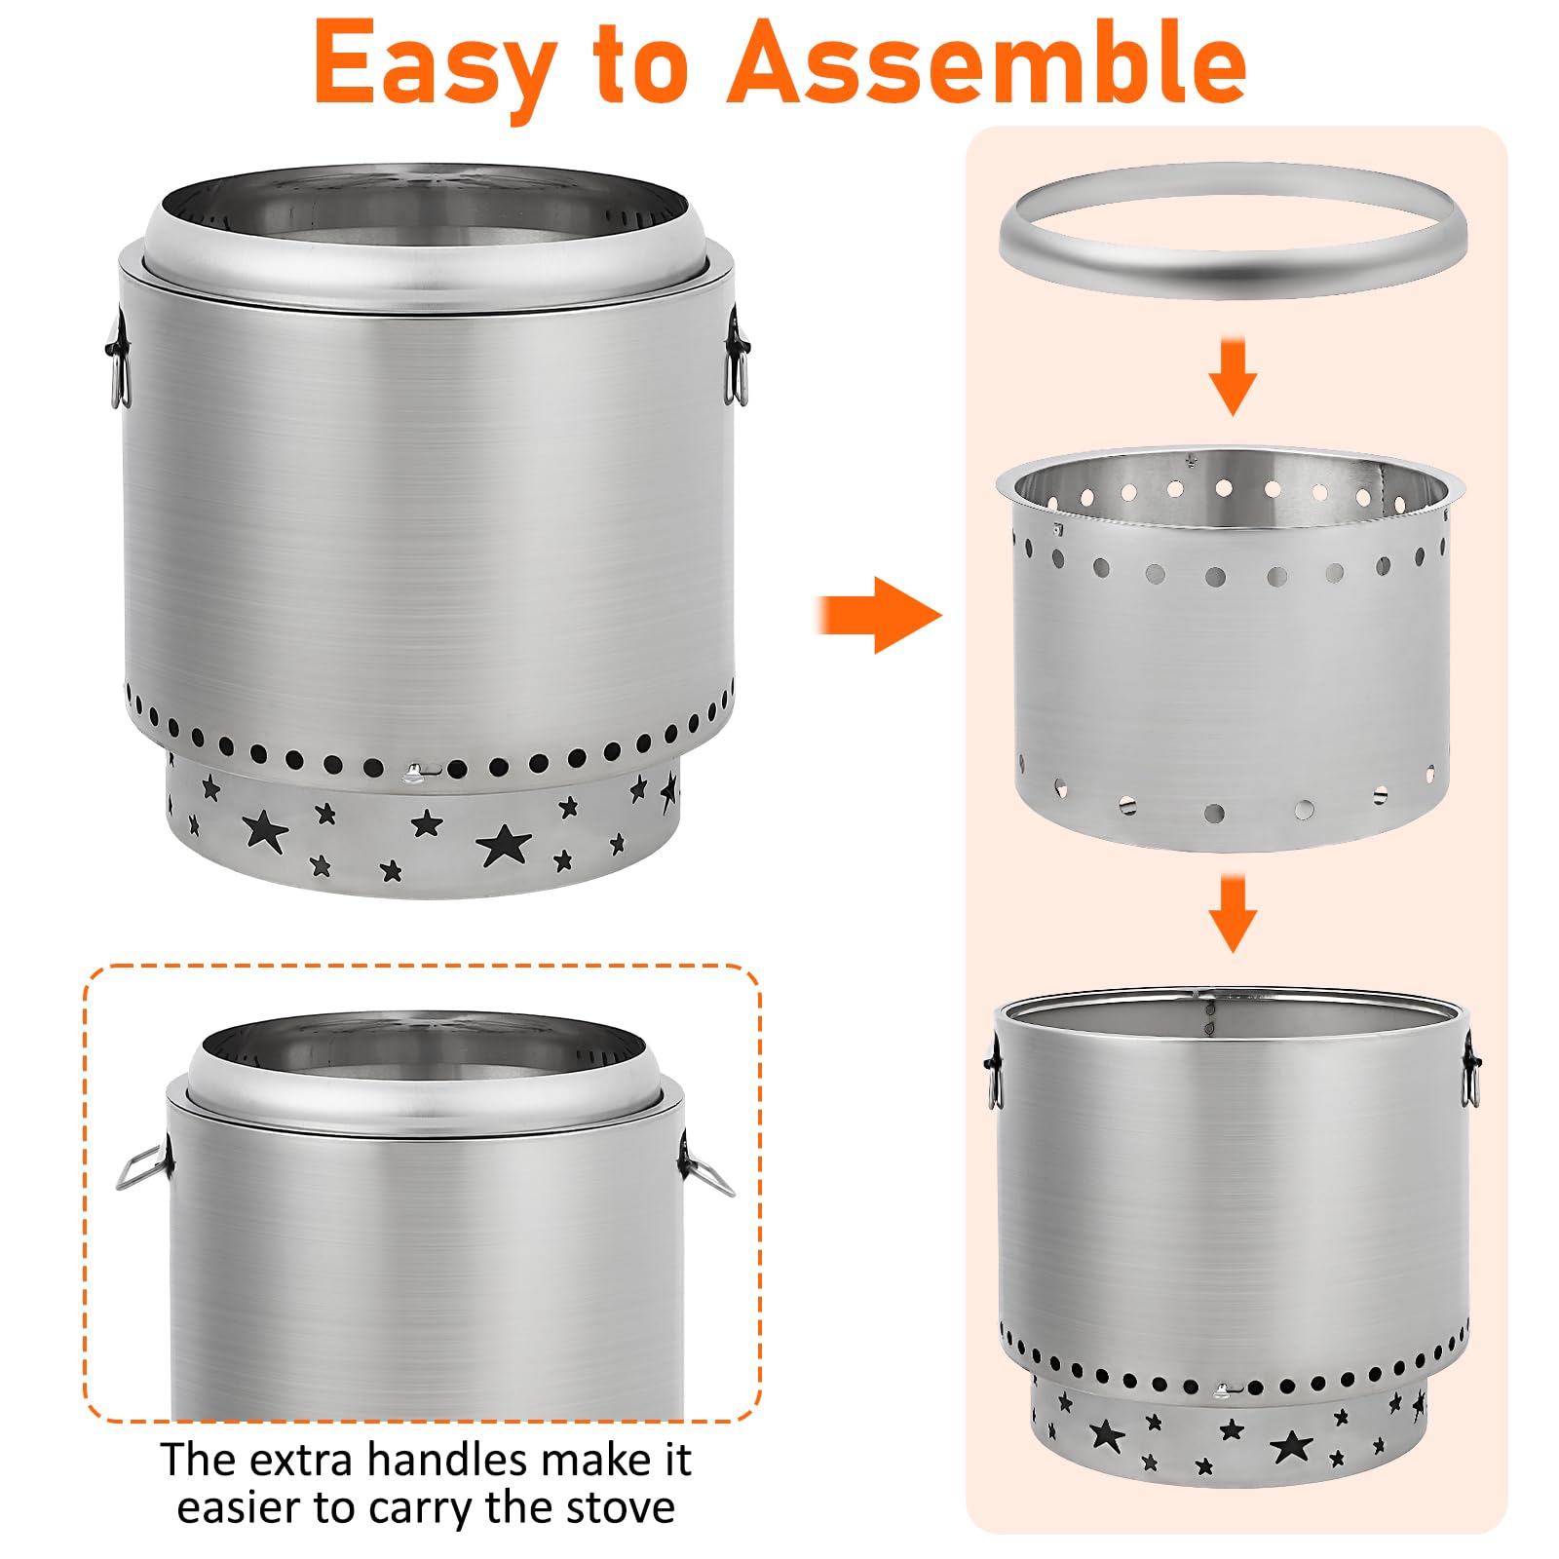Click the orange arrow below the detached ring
pos(1233,376)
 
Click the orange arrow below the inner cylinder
pos(1233,913)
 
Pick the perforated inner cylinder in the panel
pos(1230,648)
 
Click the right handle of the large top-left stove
pos(738,355)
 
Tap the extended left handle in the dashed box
pos(144,1166)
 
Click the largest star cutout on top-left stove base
pos(503,844)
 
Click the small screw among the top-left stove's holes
pos(416,772)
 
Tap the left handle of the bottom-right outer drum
pos(991,1070)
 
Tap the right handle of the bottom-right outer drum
pos(1471,1070)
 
